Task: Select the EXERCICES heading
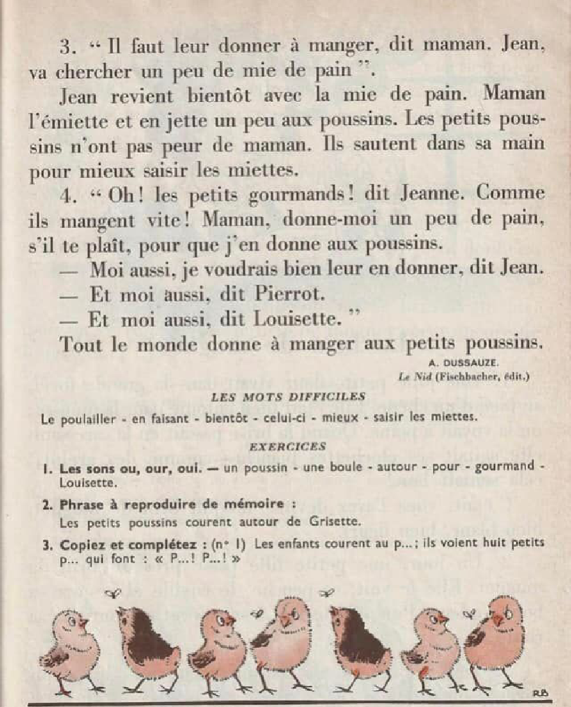pyautogui.click(x=287, y=446)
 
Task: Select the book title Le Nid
pyautogui.click(x=412, y=377)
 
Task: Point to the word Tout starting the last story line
pyautogui.click(x=82, y=344)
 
